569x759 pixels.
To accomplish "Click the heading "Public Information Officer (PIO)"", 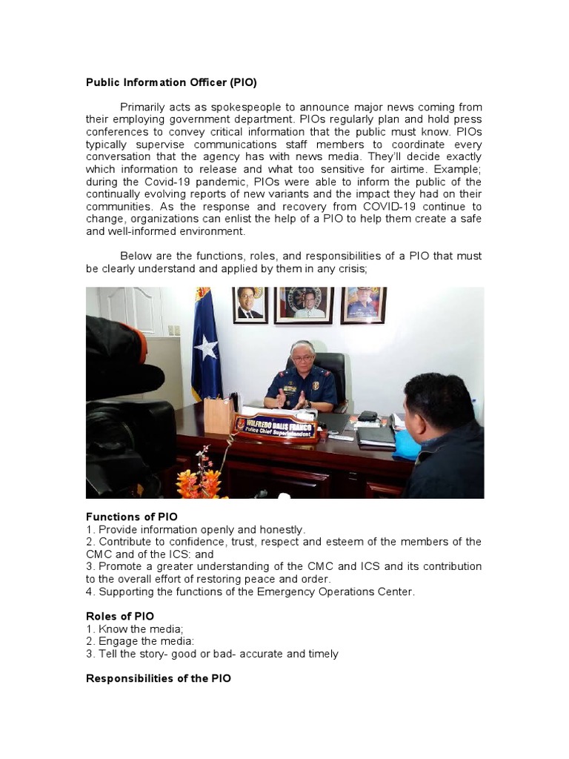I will pyautogui.click(x=171, y=82).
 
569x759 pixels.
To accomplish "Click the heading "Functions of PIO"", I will pyautogui.click(x=132, y=517).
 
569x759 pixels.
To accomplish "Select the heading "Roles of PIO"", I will pyautogui.click(x=120, y=616).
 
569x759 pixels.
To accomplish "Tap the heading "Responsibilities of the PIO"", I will pyautogui.click(x=159, y=678).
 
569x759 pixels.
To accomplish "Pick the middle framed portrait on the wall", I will pyautogui.click(x=304, y=305).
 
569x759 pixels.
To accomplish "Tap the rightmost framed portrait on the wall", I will pyautogui.click(x=363, y=305).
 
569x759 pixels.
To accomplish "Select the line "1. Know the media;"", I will pyautogui.click(x=134, y=629).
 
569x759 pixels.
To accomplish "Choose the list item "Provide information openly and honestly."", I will pyautogui.click(x=202, y=529).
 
